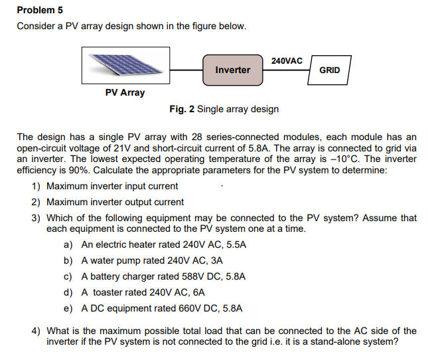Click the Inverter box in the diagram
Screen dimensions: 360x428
click(233, 70)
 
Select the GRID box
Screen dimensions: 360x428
click(329, 70)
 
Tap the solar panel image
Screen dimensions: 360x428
click(125, 66)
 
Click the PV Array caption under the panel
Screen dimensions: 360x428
click(125, 92)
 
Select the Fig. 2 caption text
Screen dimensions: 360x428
click(224, 109)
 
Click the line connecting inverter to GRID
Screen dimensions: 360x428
click(286, 70)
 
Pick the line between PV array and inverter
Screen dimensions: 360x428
click(186, 70)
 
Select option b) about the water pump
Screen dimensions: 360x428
click(151, 260)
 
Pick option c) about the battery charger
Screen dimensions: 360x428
click(163, 276)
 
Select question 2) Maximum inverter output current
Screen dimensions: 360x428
click(115, 202)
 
